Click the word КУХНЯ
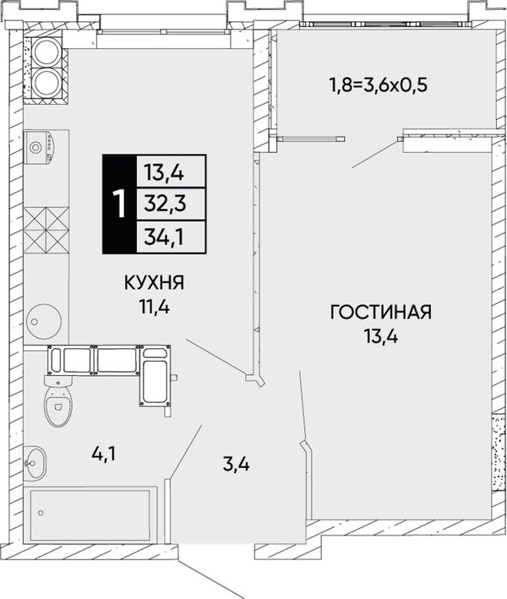[154, 283]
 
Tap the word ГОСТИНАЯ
[381, 312]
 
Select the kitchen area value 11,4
[155, 307]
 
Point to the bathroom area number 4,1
[104, 455]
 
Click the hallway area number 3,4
[237, 465]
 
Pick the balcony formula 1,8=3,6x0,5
[379, 85]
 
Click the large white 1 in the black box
[120, 204]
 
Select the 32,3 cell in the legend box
[165, 204]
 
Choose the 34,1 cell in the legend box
[164, 237]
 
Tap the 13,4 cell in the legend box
[164, 172]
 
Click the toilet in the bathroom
[58, 400]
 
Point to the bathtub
[90, 515]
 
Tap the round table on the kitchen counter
[44, 321]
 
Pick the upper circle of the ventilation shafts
[46, 52]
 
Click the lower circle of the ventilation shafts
[46, 81]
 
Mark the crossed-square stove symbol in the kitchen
[46, 231]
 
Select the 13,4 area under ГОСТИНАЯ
[381, 336]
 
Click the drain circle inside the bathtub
[41, 513]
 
